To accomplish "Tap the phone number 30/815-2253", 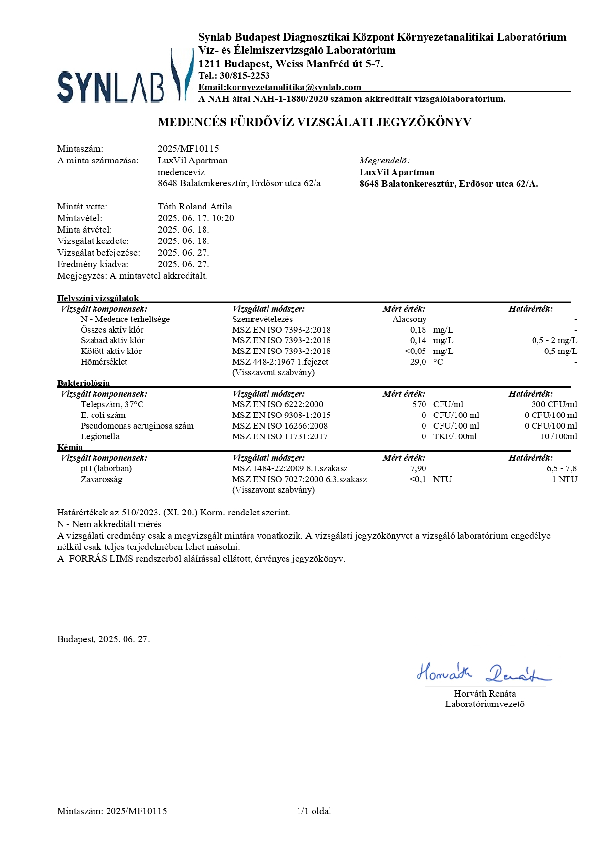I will pyautogui.click(x=245, y=76).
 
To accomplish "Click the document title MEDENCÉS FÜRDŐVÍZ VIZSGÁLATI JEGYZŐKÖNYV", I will pyautogui.click(x=315, y=122).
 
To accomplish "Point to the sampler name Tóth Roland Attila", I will pyautogui.click(x=195, y=207).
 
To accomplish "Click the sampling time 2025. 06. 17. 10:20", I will pyautogui.click(x=196, y=218).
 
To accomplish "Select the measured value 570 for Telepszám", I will pyautogui.click(x=419, y=404).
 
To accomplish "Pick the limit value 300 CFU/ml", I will pyautogui.click(x=554, y=404).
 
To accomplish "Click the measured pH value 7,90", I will pyautogui.click(x=418, y=468).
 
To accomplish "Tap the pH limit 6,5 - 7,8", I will pyautogui.click(x=561, y=468).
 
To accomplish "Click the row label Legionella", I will pyautogui.click(x=100, y=436).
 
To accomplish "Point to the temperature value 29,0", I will pyautogui.click(x=418, y=362).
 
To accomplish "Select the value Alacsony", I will pyautogui.click(x=409, y=319).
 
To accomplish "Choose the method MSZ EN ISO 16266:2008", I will pyautogui.click(x=280, y=426).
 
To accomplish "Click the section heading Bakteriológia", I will pyautogui.click(x=83, y=383).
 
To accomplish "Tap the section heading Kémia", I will pyautogui.click(x=70, y=447).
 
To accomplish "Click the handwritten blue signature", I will pyautogui.click(x=483, y=673).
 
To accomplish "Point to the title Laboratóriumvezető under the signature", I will pyautogui.click(x=485, y=704).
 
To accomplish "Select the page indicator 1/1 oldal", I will pyautogui.click(x=314, y=811).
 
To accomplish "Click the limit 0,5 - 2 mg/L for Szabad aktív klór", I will pyautogui.click(x=554, y=340).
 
